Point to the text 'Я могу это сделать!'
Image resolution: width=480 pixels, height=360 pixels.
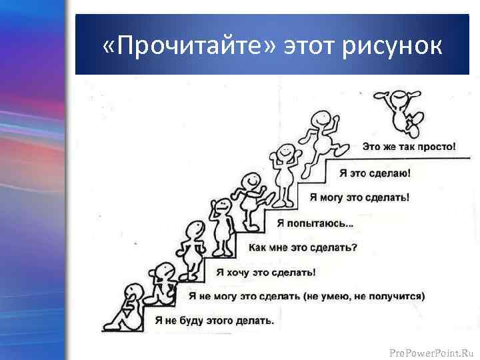coord(360,197)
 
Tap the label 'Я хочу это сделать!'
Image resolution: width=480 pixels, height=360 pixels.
coord(265,272)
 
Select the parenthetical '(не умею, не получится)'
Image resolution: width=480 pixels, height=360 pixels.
coord(364,295)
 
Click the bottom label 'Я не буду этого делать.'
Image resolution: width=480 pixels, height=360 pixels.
coord(214,320)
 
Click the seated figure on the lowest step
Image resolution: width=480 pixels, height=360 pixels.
coord(128,307)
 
